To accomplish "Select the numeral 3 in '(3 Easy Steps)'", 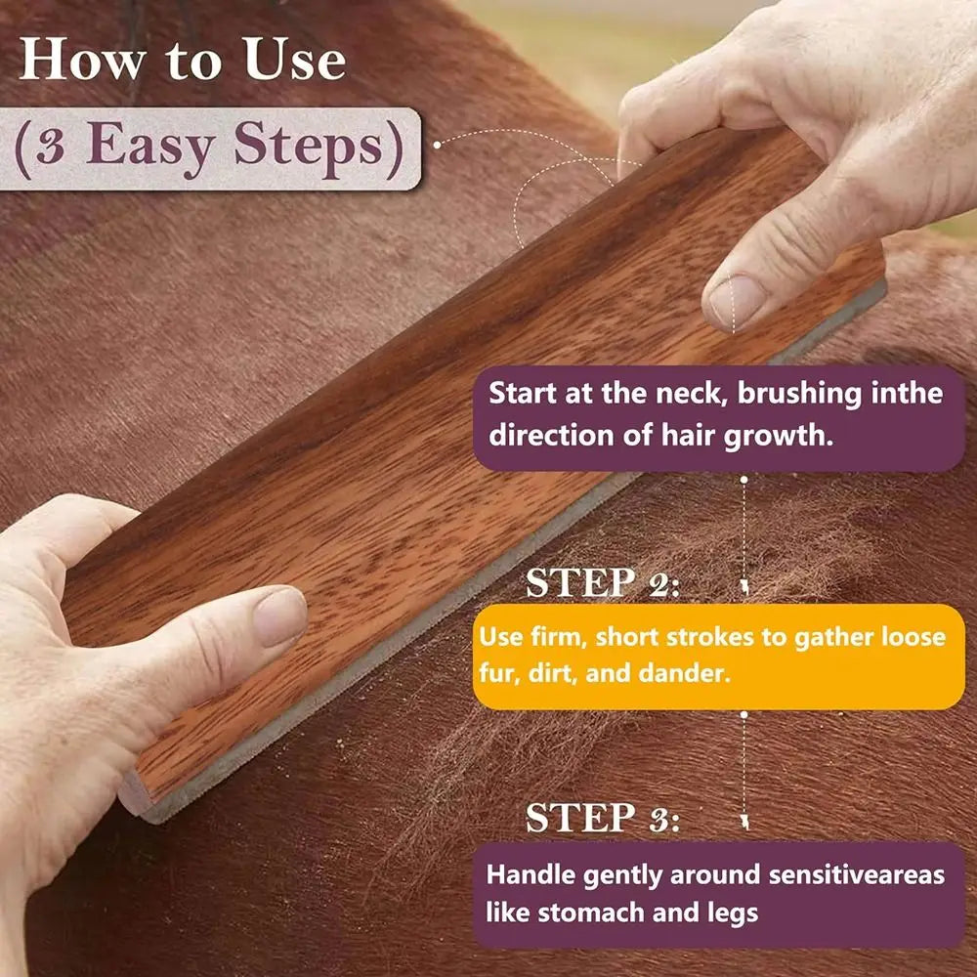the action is [x=51, y=148].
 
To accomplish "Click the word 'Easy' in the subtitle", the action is [x=150, y=148].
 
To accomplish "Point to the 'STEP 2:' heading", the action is [x=602, y=583].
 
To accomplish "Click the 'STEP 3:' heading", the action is [x=602, y=818].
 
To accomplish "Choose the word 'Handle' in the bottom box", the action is [x=531, y=874].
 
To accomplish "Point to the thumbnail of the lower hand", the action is [x=279, y=616].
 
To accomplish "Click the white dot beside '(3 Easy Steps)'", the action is [x=437, y=145].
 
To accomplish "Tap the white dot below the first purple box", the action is [x=743, y=479].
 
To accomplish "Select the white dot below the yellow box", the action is [x=743, y=715].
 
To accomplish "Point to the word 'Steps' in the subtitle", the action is [x=308, y=148].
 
